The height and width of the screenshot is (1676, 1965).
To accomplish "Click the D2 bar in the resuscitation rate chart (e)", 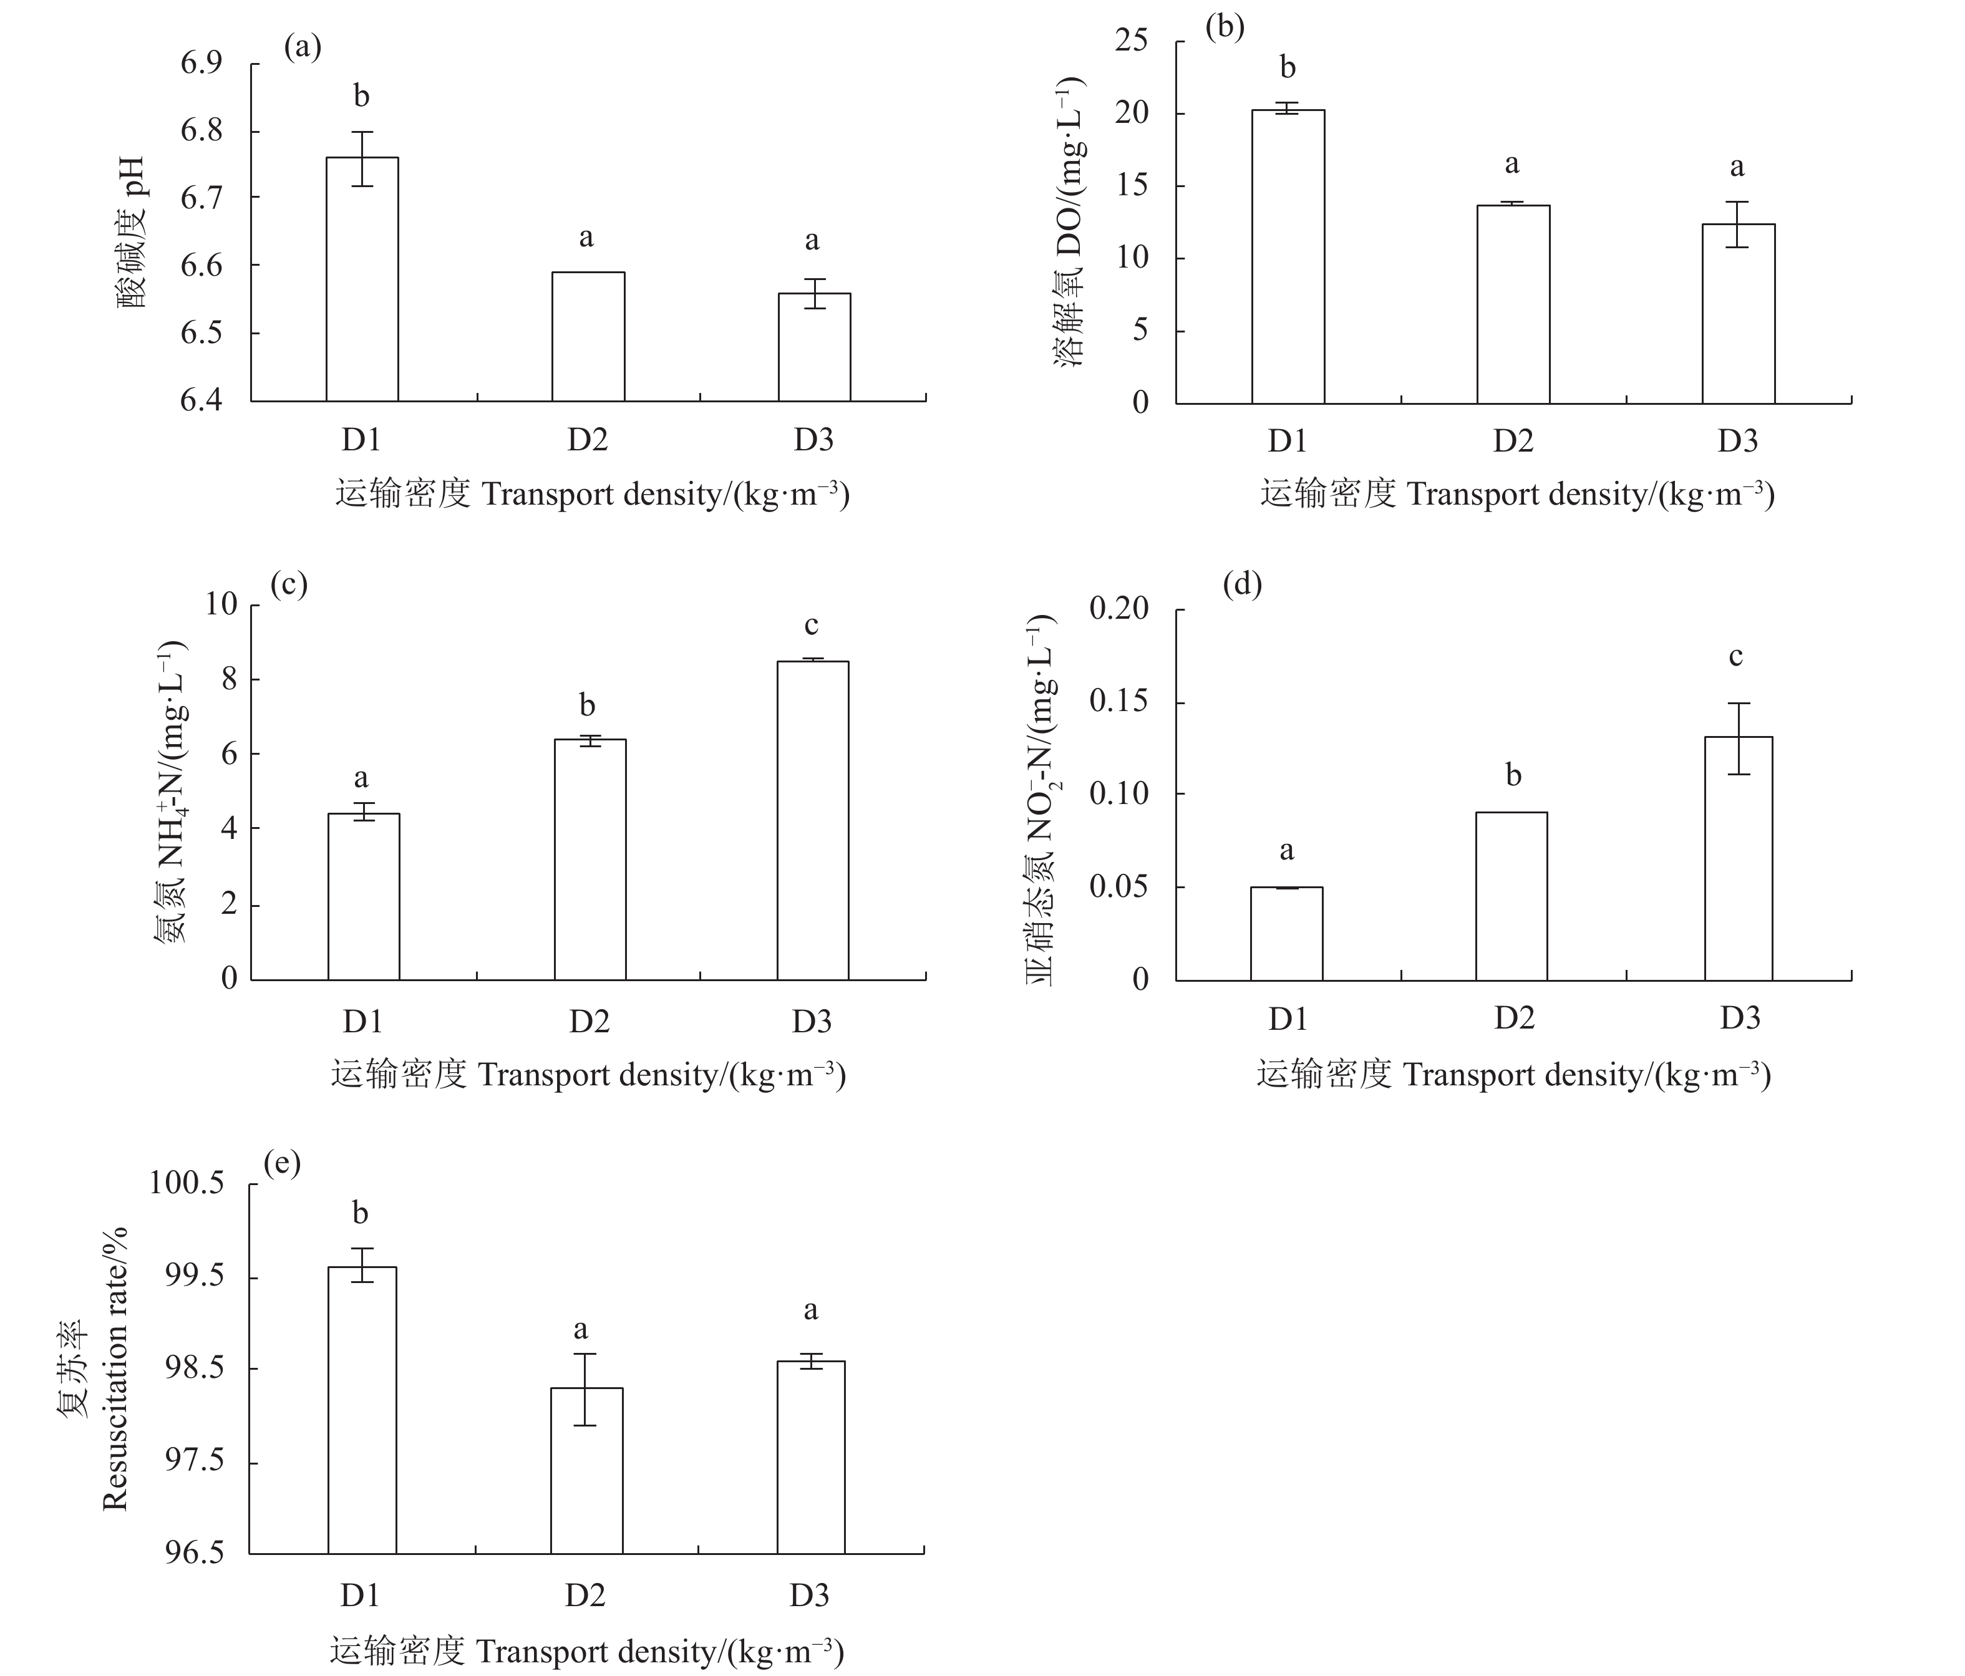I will (586, 1470).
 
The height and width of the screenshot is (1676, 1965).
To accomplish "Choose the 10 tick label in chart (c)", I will (222, 604).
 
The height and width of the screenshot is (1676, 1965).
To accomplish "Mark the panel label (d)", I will (1243, 584).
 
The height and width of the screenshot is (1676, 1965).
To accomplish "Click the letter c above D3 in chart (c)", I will (811, 625).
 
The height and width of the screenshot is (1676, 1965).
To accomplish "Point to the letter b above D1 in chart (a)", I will (361, 96).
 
